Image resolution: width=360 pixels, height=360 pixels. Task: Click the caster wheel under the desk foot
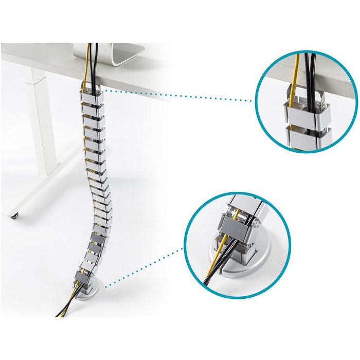[x=15, y=214]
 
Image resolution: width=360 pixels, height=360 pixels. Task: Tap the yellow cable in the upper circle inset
[x=295, y=82]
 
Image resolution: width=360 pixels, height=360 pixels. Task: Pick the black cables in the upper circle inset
[x=310, y=77]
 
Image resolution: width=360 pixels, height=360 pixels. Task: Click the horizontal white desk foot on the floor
[x=46, y=190]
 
